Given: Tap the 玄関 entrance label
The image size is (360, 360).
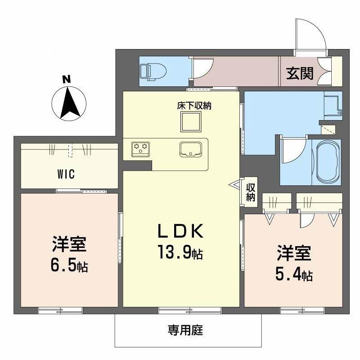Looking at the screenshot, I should pyautogui.click(x=300, y=73).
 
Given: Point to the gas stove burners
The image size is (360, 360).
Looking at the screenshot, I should pyautogui.click(x=140, y=148).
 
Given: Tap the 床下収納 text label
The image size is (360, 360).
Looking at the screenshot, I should pyautogui.click(x=194, y=107).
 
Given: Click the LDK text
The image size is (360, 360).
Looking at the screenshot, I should pyautogui.click(x=180, y=232).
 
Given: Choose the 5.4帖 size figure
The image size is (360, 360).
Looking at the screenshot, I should pyautogui.click(x=294, y=274).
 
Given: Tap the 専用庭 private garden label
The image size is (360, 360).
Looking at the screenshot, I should pyautogui.click(x=186, y=332).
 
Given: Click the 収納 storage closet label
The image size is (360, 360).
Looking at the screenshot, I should pyautogui.click(x=251, y=192).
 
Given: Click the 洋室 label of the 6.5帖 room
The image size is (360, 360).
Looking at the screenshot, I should pyautogui.click(x=69, y=245).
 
